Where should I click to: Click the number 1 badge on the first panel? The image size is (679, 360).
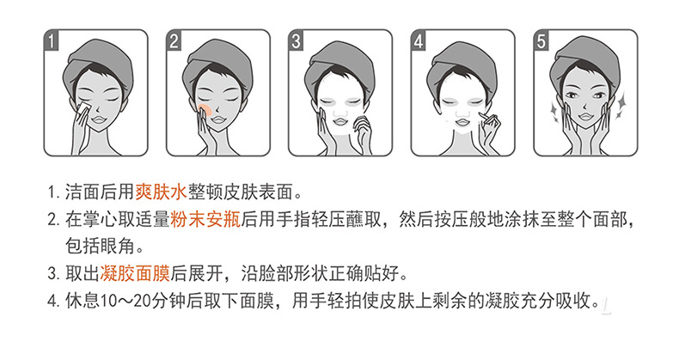(52, 41)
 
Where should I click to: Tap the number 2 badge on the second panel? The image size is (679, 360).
(174, 41)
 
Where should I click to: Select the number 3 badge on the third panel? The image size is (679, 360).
(296, 41)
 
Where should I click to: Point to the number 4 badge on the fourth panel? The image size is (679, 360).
(419, 41)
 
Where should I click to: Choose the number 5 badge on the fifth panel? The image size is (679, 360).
(541, 41)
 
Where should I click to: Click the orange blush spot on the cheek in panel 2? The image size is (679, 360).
(205, 109)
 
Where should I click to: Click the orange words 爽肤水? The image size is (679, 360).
(161, 192)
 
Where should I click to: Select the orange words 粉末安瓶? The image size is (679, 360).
(205, 219)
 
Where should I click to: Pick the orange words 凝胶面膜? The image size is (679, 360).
(135, 273)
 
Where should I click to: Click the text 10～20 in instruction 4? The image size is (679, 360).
(126, 301)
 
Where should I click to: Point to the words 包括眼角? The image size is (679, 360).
(100, 247)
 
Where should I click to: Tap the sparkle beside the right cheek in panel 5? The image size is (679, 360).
(621, 105)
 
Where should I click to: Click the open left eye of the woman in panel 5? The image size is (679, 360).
(572, 95)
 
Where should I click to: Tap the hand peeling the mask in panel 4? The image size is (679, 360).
(489, 129)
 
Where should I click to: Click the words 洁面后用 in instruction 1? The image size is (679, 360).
(100, 192)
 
